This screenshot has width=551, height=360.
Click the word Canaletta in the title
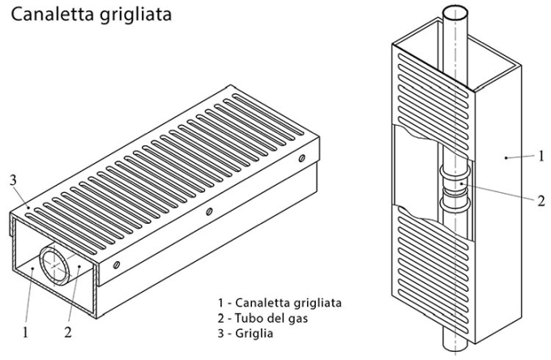pos(53,15)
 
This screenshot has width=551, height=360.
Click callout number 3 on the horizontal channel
pos(13,180)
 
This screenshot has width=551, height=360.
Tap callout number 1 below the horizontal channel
pos(25,332)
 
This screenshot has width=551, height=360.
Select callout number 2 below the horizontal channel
pos(68,332)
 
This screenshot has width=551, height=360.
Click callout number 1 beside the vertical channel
pos(541,156)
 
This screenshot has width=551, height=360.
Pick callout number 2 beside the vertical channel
pos(541,201)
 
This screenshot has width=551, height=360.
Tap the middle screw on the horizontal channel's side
pos(209,212)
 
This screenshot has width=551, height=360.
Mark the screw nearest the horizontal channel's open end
pos(117,264)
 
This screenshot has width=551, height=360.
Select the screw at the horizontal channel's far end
pos(301,158)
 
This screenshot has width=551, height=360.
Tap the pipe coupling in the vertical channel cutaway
pos(455,188)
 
